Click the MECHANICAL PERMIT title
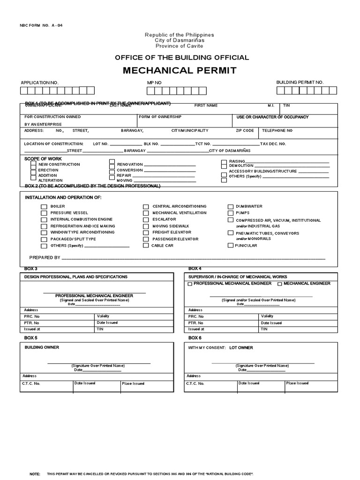[180, 71]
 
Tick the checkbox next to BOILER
[44, 207]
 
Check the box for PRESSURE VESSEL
[44, 213]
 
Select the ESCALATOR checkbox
[146, 219]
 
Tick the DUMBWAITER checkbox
[231, 207]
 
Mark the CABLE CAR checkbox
[146, 245]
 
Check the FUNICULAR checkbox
[230, 245]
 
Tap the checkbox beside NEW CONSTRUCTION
[33, 165]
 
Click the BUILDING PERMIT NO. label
[300, 82]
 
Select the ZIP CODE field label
[245, 131]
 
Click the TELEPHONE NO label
[277, 131]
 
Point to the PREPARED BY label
[45, 258]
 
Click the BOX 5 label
[30, 338]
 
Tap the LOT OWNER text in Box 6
[241, 348]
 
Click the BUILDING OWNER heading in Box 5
[42, 347]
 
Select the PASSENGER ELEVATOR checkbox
[146, 239]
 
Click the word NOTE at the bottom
[35, 474]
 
